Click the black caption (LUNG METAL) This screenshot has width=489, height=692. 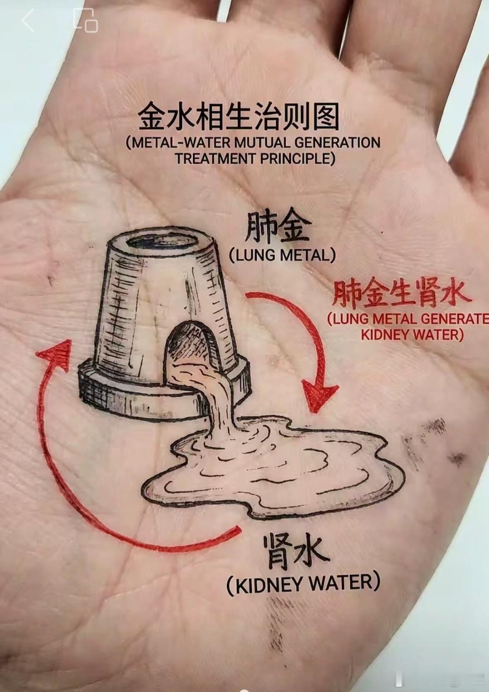[x=283, y=255]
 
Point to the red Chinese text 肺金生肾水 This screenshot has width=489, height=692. [x=400, y=294]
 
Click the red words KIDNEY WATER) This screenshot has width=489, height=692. [x=412, y=335]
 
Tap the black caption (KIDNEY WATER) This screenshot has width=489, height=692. [x=303, y=583]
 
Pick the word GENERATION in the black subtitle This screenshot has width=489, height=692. [x=337, y=143]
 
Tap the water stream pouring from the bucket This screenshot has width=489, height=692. [x=217, y=398]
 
